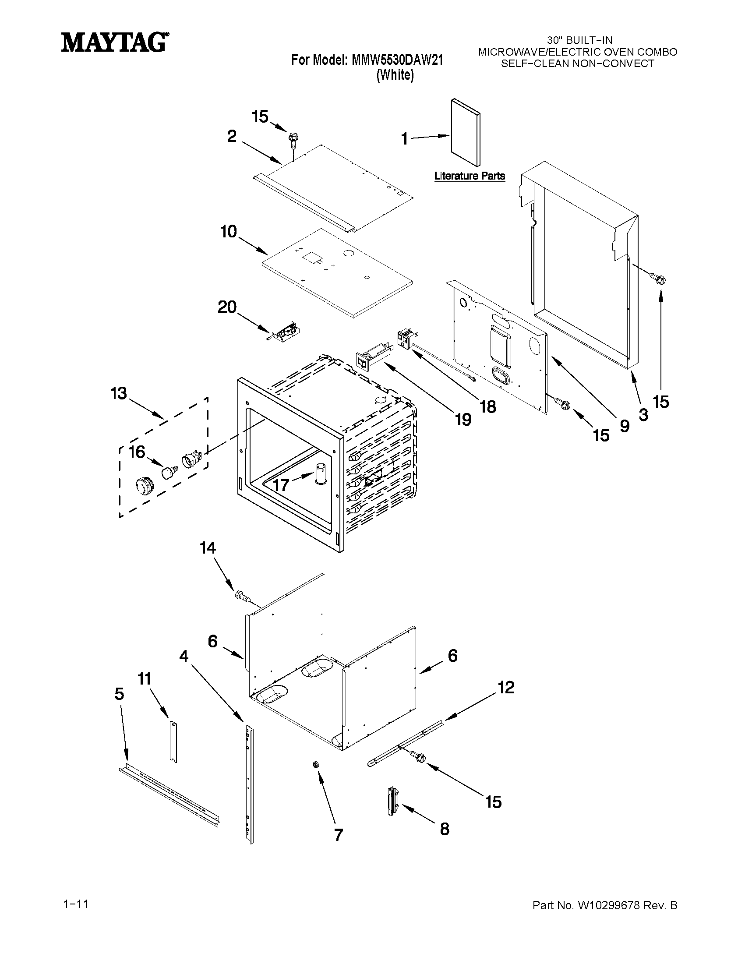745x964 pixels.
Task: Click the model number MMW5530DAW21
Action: (x=397, y=60)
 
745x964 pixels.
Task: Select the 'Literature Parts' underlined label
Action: (x=469, y=176)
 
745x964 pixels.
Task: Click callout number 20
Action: (x=227, y=307)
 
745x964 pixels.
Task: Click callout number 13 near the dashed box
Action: (x=119, y=393)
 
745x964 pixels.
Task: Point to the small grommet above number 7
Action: (x=316, y=764)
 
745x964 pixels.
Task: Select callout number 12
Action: (x=506, y=687)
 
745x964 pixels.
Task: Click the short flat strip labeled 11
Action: (x=173, y=741)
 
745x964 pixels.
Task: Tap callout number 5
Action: (x=119, y=694)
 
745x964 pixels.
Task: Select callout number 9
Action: (x=624, y=426)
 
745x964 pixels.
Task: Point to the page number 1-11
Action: (x=76, y=904)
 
